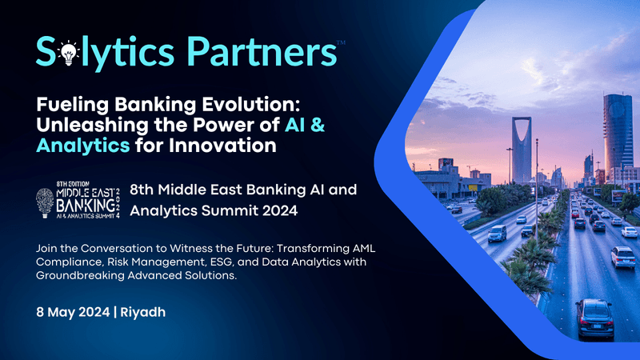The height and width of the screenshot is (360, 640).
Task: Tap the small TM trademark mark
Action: coord(341,40)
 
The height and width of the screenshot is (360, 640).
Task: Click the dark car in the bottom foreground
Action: coord(594,318)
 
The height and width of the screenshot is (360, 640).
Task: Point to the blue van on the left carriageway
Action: coord(497,233)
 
